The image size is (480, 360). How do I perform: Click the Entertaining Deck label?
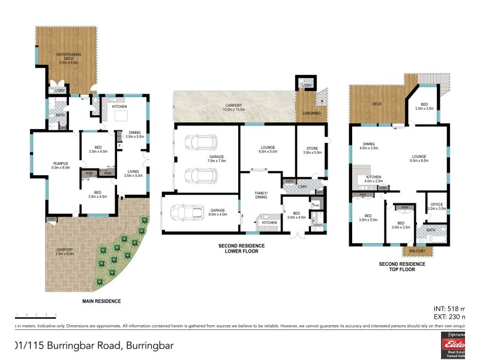69,58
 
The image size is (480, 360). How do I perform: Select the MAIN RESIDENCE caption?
101,301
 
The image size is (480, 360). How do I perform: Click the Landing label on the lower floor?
312,113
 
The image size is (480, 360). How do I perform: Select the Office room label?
437,206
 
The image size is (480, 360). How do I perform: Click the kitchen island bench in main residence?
122,116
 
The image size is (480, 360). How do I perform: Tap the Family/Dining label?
261,194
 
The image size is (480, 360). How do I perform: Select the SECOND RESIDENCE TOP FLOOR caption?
402,266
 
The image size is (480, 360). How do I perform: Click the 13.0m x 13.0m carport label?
233,106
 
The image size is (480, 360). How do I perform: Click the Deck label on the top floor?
377,103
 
